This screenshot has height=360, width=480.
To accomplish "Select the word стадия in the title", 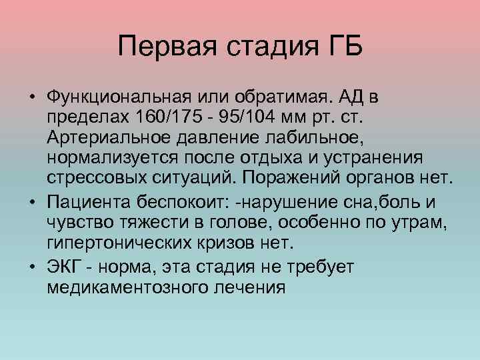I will [x=266, y=47].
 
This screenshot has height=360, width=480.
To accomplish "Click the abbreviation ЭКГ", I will [x=63, y=266].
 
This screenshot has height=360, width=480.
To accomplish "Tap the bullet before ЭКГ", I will [x=32, y=266].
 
